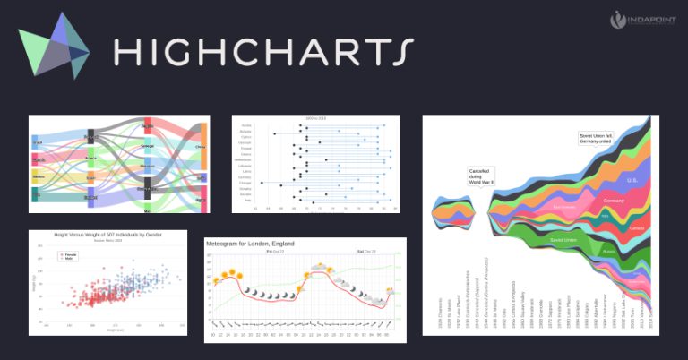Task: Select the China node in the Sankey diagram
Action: tap(201, 147)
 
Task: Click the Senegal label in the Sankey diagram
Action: tap(148, 145)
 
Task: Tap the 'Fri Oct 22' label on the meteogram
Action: tap(273, 253)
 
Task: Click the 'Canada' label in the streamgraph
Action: tap(639, 227)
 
